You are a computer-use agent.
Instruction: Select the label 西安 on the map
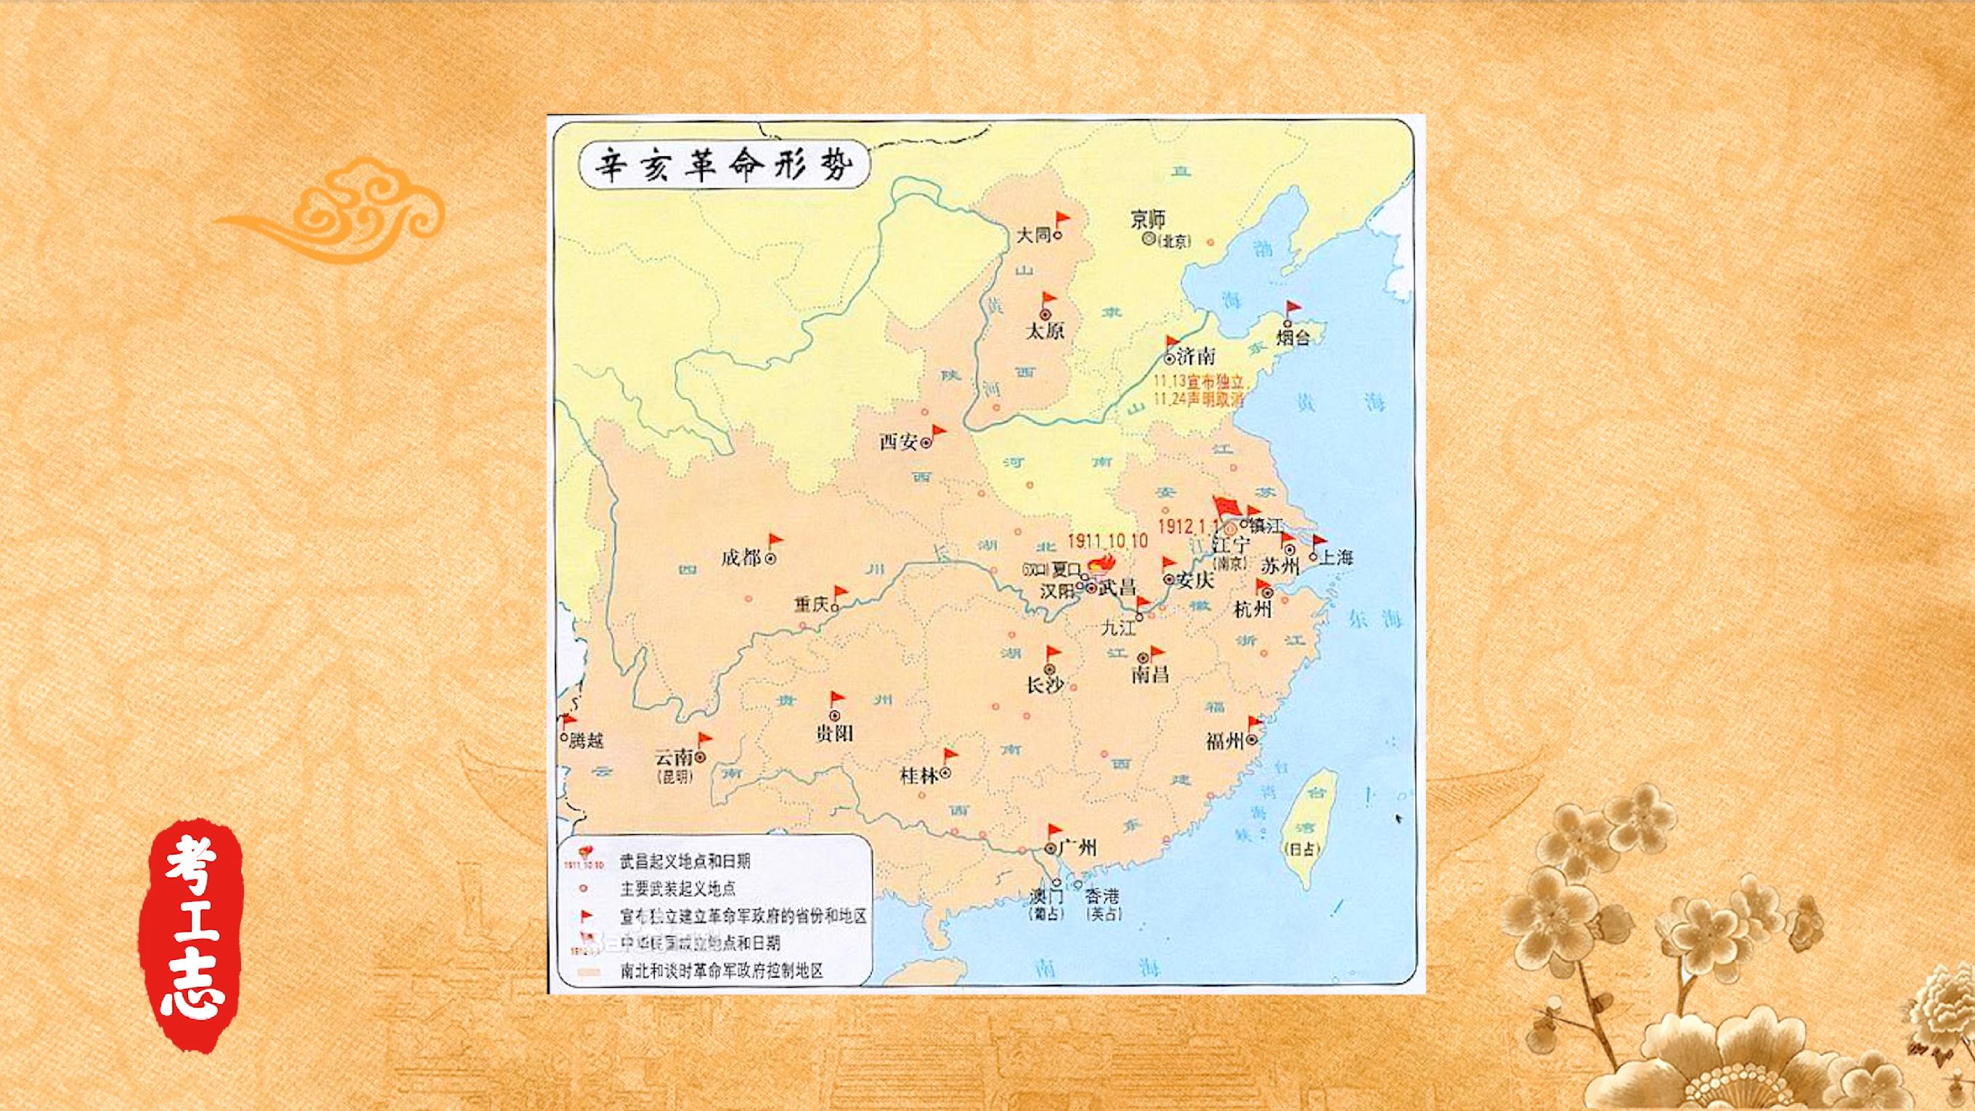tap(899, 441)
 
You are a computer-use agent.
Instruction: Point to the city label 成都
tap(741, 558)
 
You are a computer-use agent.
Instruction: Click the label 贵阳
tap(834, 733)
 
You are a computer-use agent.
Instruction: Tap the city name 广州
tap(1078, 847)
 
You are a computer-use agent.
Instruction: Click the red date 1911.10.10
tap(1107, 540)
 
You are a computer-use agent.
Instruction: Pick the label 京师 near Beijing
tap(1148, 219)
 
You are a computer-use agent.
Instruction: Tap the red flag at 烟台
tap(1293, 310)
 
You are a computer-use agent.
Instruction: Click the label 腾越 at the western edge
tap(587, 741)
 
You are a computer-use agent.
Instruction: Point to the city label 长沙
tap(1044, 685)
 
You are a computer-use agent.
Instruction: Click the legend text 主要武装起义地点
tap(677, 890)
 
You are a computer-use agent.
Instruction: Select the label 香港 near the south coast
tap(1103, 895)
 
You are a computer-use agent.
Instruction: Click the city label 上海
tap(1335, 558)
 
